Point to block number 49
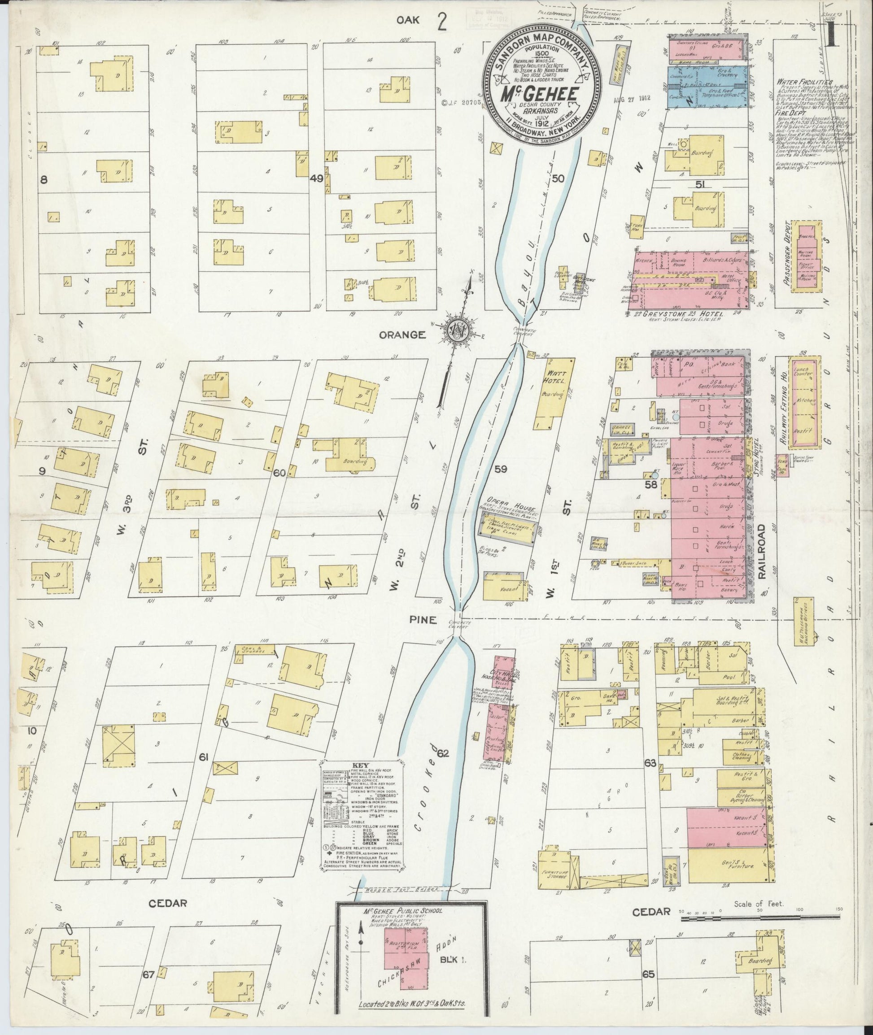[317, 178]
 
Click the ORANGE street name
[402, 335]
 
